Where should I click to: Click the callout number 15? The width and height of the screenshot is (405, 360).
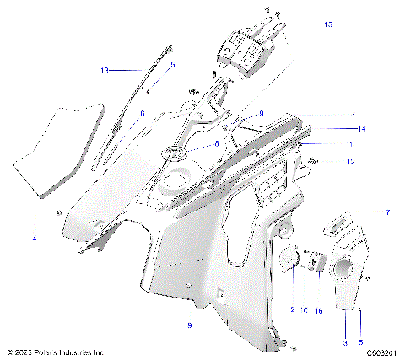(328, 25)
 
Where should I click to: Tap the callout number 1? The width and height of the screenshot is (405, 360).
(354, 115)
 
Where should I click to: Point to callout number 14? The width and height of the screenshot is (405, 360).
(361, 129)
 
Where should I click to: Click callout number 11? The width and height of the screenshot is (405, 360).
(349, 145)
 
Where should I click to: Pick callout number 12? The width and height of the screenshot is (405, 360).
(351, 162)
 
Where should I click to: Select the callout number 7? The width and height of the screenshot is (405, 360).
(364, 213)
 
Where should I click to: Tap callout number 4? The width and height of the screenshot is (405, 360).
(35, 239)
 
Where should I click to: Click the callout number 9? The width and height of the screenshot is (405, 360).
(189, 324)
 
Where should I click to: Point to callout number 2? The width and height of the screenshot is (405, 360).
(292, 309)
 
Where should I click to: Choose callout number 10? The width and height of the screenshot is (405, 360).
(304, 309)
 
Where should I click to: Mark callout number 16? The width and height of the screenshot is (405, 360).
(319, 310)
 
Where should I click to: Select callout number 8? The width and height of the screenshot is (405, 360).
(216, 144)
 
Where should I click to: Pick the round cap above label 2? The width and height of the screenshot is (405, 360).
(292, 259)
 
